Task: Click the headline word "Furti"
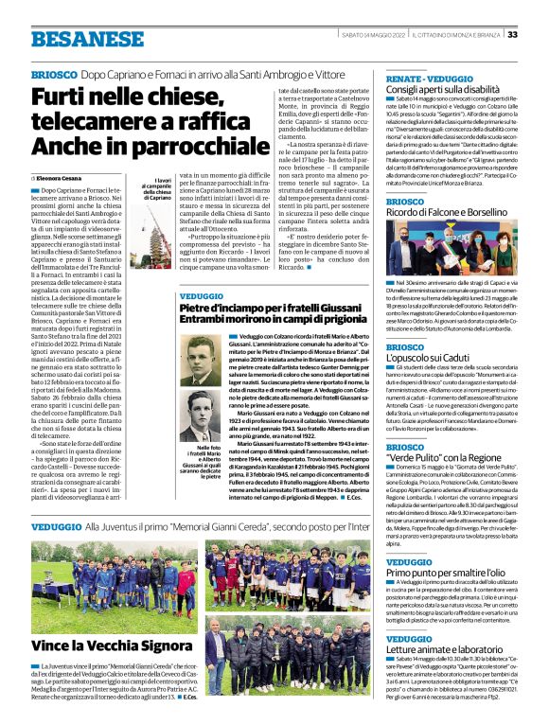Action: click(67, 97)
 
